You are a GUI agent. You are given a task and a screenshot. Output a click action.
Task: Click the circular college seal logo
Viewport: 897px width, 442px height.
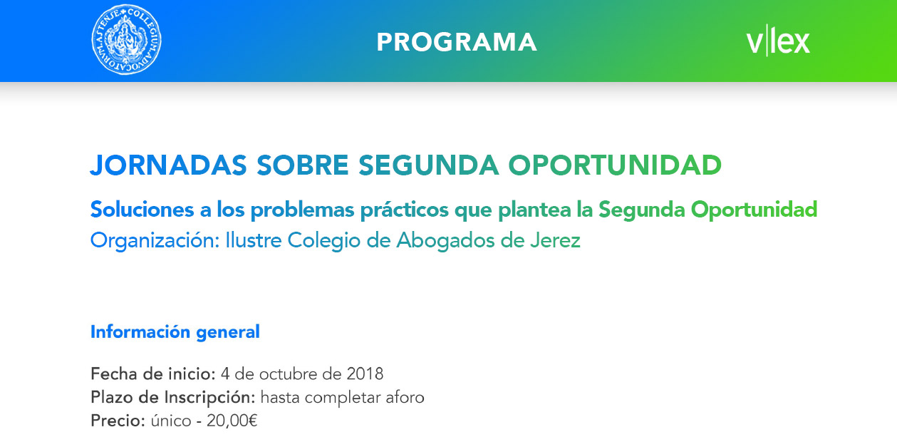click(x=127, y=40)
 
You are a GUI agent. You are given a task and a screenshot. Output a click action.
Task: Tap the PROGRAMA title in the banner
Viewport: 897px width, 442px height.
click(x=457, y=42)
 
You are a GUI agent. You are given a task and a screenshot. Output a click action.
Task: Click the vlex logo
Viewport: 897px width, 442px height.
click(x=778, y=41)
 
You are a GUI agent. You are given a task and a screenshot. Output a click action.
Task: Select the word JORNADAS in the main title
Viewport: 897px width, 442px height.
click(x=169, y=165)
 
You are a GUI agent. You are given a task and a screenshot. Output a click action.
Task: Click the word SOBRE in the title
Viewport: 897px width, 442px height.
click(x=303, y=165)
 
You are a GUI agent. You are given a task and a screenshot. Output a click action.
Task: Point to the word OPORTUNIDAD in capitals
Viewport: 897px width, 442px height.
click(x=615, y=165)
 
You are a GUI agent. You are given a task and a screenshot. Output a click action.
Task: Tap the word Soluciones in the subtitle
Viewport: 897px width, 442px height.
click(x=142, y=209)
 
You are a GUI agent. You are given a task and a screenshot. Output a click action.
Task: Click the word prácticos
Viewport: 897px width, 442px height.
click(x=405, y=210)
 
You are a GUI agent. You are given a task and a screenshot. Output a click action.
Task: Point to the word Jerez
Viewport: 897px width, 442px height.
click(x=556, y=240)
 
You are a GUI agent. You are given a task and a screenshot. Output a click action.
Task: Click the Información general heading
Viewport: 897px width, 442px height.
click(x=175, y=332)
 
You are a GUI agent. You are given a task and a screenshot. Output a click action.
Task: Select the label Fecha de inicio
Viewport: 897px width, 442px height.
click(x=153, y=374)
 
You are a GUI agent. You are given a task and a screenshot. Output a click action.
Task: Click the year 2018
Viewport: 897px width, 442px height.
click(x=365, y=374)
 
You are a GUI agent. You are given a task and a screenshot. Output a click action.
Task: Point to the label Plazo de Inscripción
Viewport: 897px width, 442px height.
click(x=173, y=398)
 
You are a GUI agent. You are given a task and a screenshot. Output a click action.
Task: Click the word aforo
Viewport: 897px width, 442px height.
click(x=405, y=398)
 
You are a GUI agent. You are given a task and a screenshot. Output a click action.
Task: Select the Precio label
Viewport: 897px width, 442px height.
click(x=118, y=421)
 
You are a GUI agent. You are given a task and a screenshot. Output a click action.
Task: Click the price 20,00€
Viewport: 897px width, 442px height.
click(x=232, y=421)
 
